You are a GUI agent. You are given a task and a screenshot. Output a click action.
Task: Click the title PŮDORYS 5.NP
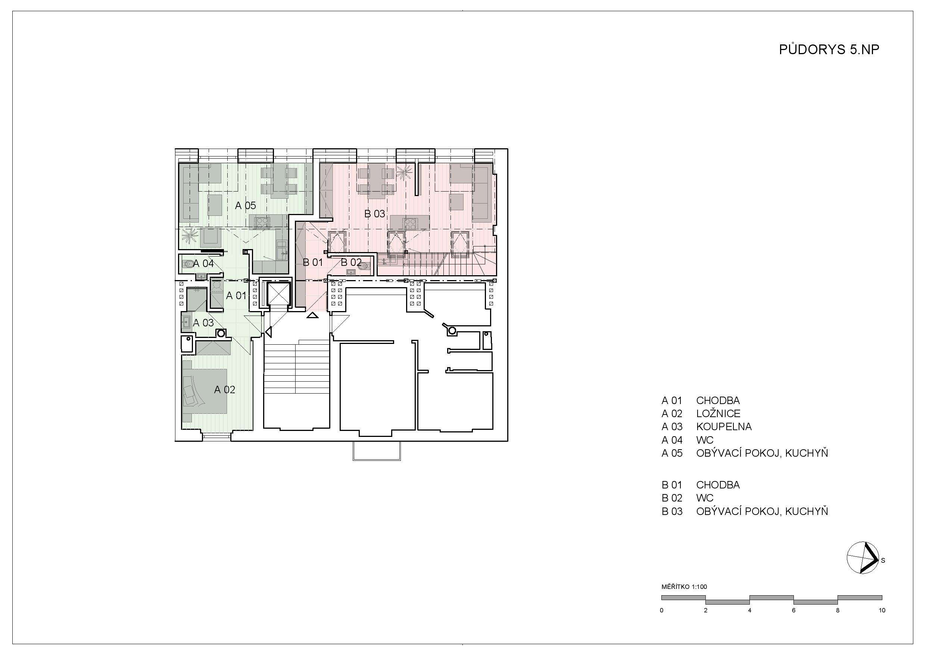point(829,50)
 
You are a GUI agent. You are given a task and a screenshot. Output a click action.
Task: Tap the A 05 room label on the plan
point(245,205)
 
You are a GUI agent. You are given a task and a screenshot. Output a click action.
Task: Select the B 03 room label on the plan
point(375,214)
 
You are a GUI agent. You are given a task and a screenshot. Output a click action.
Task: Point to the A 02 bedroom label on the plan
point(225,389)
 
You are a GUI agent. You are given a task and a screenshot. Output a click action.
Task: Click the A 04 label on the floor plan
point(203,264)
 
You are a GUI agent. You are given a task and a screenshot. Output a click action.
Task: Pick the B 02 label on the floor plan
point(351,262)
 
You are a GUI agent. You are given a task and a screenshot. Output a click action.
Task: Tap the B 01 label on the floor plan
point(313,262)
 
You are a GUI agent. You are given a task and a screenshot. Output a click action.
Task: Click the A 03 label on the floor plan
point(203,323)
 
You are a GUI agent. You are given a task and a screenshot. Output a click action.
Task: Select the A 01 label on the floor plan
point(236,295)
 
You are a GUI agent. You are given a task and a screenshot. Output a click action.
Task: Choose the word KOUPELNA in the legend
point(724,426)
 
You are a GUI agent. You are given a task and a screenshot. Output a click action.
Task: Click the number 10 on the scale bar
point(882,610)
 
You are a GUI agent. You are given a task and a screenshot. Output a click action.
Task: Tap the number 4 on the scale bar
point(750,610)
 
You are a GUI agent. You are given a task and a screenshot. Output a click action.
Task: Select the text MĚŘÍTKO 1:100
point(685,587)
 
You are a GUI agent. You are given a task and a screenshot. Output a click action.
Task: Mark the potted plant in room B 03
point(404,173)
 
